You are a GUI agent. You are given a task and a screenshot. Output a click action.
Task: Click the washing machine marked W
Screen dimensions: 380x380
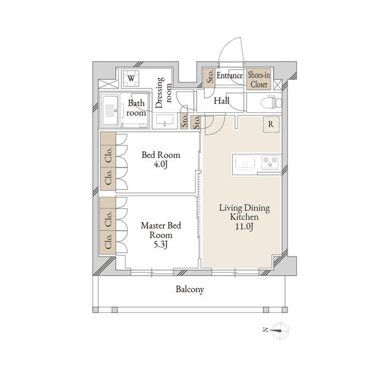[131, 78]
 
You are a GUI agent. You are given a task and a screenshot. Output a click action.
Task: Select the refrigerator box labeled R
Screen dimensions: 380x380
[271, 125]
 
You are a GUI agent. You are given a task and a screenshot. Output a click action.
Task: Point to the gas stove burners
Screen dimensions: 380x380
[270, 162]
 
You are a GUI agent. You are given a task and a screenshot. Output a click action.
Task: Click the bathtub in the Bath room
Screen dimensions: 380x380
[110, 110]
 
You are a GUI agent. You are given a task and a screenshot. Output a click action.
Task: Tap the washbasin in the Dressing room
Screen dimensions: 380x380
[165, 120]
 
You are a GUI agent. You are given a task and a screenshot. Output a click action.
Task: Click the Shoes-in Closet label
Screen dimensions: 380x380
[259, 80]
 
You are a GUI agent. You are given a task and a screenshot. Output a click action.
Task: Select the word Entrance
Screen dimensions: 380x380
[230, 75]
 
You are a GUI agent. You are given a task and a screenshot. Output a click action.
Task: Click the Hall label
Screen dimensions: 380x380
[221, 101]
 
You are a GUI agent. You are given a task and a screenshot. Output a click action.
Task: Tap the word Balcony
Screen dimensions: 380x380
[190, 289]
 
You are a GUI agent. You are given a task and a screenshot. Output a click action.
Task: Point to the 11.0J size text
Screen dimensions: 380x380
[244, 227]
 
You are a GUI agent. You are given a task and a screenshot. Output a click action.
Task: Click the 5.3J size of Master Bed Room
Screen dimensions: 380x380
[161, 245]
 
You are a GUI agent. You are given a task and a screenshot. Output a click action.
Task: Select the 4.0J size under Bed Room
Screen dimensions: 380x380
[161, 164]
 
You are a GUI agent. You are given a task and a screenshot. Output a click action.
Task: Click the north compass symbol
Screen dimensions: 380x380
[280, 331]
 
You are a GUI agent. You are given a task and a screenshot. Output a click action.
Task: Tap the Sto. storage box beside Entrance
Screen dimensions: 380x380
[209, 78]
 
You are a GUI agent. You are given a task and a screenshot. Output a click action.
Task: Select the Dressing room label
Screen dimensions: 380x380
[163, 93]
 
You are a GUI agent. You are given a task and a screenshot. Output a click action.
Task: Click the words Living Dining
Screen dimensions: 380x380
[244, 208]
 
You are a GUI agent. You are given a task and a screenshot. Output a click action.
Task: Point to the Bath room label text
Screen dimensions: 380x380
[136, 108]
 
